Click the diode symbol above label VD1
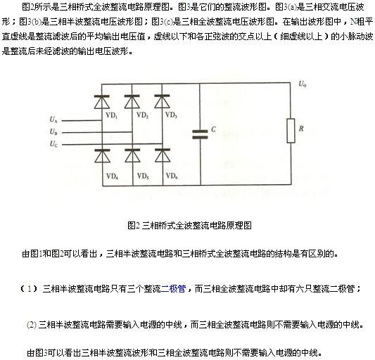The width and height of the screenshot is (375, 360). [x=102, y=102]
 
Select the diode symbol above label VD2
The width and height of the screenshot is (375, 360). [x=132, y=102]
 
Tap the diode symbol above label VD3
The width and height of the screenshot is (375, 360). [x=162, y=102]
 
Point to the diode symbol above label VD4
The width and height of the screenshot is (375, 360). [x=102, y=156]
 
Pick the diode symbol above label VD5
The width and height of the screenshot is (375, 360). [x=132, y=156]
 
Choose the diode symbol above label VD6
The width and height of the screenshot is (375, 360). [x=163, y=156]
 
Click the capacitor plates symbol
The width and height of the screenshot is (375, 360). [x=201, y=134]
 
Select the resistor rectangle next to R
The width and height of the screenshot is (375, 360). [x=291, y=131]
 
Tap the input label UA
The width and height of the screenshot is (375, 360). [x=53, y=120]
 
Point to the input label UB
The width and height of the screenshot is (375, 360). [x=53, y=131]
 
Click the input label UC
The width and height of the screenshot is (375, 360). [x=53, y=143]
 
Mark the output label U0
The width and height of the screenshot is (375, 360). [x=303, y=84]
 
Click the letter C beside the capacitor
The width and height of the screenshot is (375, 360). [x=213, y=129]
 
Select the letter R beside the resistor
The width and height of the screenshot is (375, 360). [x=301, y=129]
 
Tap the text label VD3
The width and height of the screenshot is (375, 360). [x=171, y=115]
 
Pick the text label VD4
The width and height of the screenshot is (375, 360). [x=112, y=176]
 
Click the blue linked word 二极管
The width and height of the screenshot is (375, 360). [x=173, y=289]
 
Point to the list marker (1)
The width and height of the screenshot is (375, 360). [x=29, y=289]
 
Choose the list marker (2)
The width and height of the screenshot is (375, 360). [x=32, y=325]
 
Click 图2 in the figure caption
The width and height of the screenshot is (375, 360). [x=134, y=225]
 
